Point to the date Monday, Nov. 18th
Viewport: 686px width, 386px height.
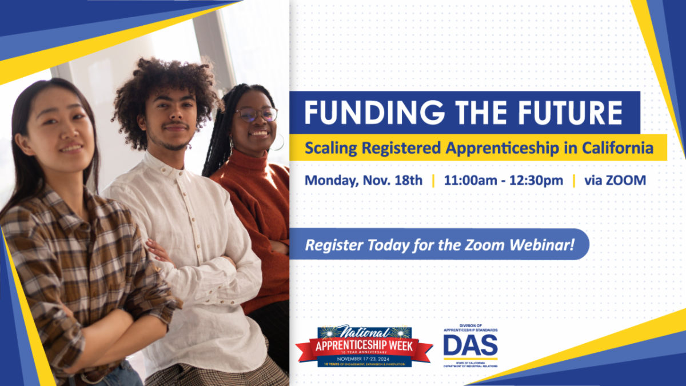(x=364, y=181)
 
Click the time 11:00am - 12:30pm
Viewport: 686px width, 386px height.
(x=503, y=181)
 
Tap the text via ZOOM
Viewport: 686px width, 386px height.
(x=615, y=181)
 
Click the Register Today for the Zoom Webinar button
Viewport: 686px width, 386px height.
(x=439, y=245)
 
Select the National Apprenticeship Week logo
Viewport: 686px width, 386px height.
(x=364, y=346)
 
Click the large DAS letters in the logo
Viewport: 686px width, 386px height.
(x=470, y=345)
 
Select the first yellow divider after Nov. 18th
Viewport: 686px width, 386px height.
(x=433, y=181)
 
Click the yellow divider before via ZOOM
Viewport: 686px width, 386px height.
(x=573, y=181)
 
